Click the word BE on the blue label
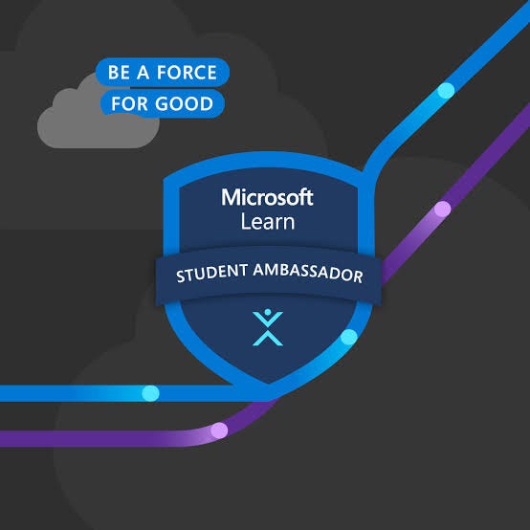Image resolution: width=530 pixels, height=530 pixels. coord(119,73)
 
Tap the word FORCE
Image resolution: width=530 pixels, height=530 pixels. coord(187,73)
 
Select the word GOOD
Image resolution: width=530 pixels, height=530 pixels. coord(187,102)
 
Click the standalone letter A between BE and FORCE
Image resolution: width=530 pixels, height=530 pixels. coord(145,73)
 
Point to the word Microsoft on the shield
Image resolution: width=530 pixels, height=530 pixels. coord(267,198)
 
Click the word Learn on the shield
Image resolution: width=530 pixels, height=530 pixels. coord(267,222)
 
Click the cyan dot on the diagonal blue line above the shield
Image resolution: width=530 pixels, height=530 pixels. coord(446,91)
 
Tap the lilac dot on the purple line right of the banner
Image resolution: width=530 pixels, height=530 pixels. coord(442,209)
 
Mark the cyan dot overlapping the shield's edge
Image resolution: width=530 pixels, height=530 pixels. coord(349,337)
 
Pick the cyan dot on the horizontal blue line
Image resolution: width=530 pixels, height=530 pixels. coord(150,392)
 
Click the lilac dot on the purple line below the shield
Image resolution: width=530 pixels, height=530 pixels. coord(219,430)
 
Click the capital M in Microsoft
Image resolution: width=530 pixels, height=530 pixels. coord(231,198)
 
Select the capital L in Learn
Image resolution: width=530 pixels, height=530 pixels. coord(244,222)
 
